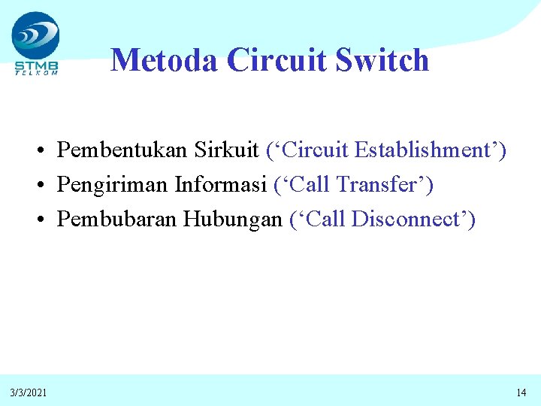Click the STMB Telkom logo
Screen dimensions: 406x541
[35, 44]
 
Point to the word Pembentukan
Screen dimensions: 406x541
[122, 150]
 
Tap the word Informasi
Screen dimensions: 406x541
[221, 184]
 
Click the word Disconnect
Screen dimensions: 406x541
[410, 219]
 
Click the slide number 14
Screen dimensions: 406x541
[521, 392]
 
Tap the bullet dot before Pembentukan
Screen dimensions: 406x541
[46, 150]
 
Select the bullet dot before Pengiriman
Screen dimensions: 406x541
[46, 185]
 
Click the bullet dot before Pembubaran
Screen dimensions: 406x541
[46, 220]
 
